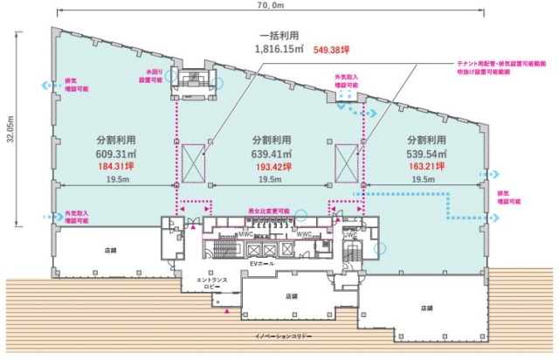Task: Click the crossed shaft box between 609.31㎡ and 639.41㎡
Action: pos(192,160)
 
